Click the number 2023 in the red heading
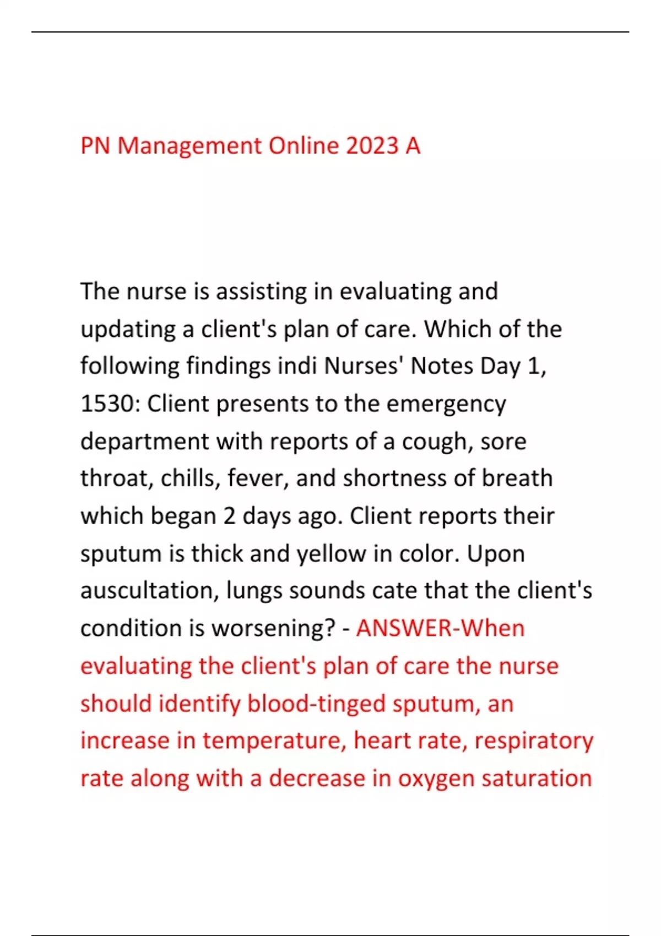372,146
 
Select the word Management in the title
189,146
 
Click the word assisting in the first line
261,291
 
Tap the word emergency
446,405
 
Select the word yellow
331,553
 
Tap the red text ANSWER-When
440,628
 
